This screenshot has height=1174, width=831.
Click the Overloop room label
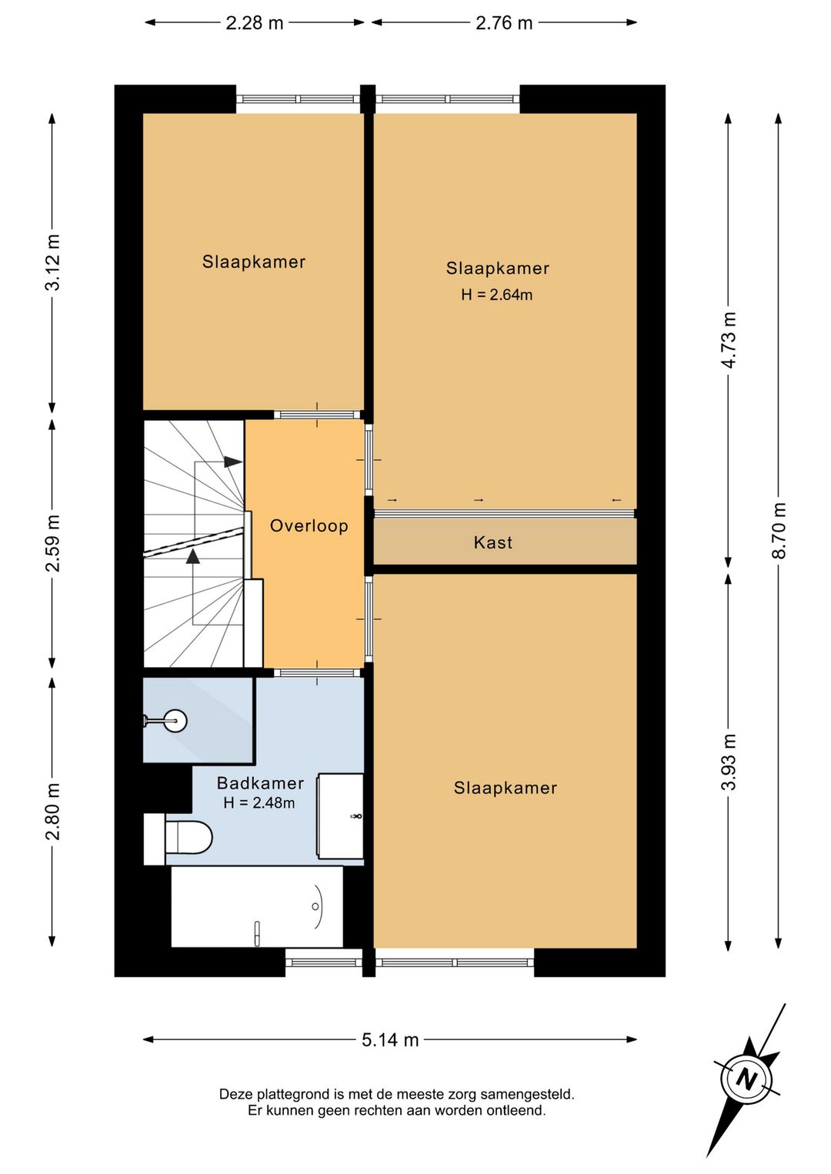tap(309, 525)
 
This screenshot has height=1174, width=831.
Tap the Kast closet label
tap(493, 542)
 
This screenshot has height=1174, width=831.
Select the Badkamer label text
tap(260, 783)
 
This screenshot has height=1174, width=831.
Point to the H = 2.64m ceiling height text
tap(496, 295)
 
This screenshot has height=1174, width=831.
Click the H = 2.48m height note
tap(259, 803)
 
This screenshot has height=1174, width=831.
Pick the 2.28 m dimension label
tap(254, 23)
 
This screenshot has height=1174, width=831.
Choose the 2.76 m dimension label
tap(504, 23)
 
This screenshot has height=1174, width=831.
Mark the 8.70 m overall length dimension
tap(779, 531)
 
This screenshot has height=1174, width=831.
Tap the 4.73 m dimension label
tap(729, 340)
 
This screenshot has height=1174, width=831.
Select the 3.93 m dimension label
tap(729, 762)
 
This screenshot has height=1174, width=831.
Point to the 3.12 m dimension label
tap(52, 262)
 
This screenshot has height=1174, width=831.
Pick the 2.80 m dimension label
tap(52, 812)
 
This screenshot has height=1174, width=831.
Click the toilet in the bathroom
tap(179, 839)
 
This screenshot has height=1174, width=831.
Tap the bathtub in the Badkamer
tap(257, 907)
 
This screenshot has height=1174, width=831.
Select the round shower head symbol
tap(175, 721)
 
